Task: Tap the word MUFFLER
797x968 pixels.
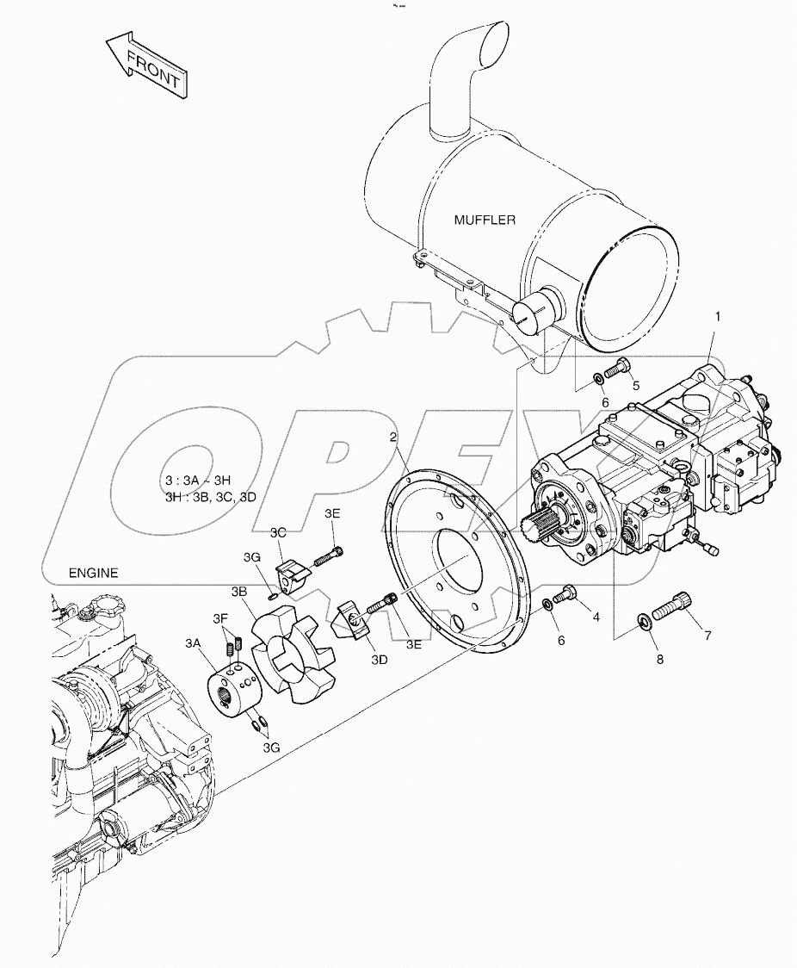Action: [x=485, y=220]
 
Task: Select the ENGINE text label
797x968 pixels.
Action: [x=93, y=573]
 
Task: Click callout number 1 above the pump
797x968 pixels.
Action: [x=717, y=317]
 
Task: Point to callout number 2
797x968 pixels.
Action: [x=393, y=437]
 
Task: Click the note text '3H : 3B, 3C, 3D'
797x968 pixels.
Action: [x=210, y=497]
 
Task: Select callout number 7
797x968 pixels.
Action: [x=707, y=636]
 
